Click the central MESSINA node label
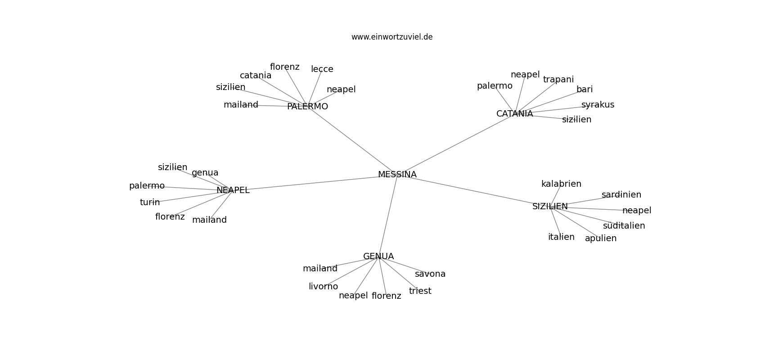[397, 175]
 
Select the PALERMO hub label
[307, 107]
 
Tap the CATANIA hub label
[514, 114]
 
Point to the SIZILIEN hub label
[550, 207]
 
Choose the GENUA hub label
[378, 256]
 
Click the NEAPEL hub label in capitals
[233, 190]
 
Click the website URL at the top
[391, 37]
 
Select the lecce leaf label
[322, 69]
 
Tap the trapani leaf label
[558, 80]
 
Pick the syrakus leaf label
[598, 105]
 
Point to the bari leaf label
[585, 89]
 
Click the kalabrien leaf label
[561, 184]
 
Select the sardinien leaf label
[621, 195]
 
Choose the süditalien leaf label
[624, 226]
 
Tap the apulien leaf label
[601, 238]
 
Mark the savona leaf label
[430, 274]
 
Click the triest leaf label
[420, 291]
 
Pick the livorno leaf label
[323, 287]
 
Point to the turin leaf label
[149, 202]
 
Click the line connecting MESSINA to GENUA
[388, 216]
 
